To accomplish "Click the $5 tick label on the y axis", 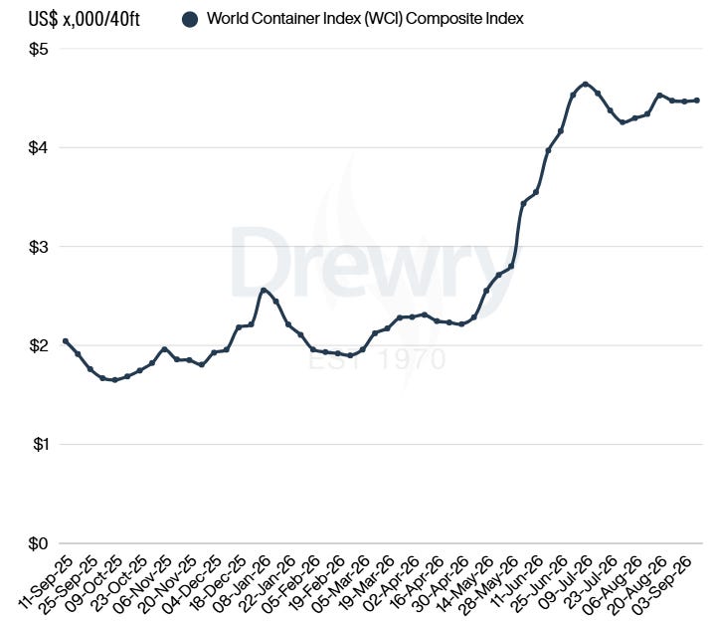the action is (38, 49).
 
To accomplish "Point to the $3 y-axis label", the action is (38, 247).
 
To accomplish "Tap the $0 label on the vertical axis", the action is (38, 543).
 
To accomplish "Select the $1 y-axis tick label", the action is (40, 444).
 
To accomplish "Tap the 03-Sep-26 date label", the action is (664, 584).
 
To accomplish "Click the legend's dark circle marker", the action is (190, 20).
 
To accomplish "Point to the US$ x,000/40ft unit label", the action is (85, 20).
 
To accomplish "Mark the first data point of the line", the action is (66, 340).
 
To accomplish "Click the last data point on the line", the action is (697, 101).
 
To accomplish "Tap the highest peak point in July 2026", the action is (586, 85).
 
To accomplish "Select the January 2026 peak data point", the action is (264, 290).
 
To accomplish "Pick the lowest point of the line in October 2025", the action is (114, 380).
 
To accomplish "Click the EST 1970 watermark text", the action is (377, 359).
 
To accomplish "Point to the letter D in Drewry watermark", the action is (261, 262).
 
